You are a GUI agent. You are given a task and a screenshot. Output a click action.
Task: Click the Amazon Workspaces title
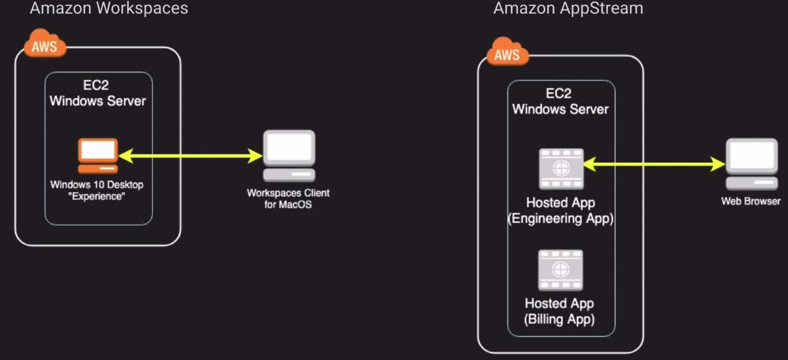pos(109,8)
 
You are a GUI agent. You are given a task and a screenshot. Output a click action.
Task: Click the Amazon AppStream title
pos(568,8)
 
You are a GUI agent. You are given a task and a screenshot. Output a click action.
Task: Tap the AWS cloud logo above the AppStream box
pos(507,53)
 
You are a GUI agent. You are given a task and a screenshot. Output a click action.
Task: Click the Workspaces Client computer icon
pos(289,156)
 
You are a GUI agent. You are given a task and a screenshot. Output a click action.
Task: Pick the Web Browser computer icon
pos(751,164)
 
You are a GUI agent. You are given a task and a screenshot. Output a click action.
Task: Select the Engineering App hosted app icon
pos(561,168)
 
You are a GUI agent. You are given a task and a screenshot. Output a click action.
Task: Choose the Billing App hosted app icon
pos(561,270)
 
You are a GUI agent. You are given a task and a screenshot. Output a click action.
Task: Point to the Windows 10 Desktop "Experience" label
pos(97,190)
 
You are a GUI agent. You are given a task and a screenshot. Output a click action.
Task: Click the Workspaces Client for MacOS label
pos(288,198)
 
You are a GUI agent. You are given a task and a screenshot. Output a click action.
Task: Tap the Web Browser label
pos(751,202)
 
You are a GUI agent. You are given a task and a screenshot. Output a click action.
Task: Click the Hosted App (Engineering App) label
pos(560,211)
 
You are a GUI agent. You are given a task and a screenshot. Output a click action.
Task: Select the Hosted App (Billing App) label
pos(560,311)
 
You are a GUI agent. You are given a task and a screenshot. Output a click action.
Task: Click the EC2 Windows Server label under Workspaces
pos(98,93)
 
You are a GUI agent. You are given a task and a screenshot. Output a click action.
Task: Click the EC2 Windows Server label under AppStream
pos(560,101)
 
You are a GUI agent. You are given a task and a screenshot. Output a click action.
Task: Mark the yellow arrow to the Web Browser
pos(653,165)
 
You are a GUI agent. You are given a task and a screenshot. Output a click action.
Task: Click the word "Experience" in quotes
pos(97,197)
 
